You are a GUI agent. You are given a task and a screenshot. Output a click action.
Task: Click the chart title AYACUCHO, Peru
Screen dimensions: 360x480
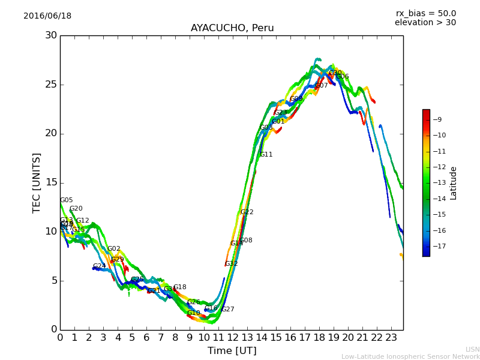pos(232,28)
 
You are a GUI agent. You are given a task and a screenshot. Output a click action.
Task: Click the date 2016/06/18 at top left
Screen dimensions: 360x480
pos(47,16)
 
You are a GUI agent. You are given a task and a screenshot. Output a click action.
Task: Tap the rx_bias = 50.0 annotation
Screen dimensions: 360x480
pos(425,14)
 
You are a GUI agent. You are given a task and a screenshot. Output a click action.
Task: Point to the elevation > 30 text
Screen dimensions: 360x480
pos(425,23)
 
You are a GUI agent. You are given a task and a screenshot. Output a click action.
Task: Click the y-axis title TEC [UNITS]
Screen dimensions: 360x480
pos(37,182)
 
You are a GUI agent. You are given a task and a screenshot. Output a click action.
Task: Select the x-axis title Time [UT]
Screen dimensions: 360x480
pos(232,351)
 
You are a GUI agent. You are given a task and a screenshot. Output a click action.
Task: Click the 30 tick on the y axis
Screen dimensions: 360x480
pos(51,35)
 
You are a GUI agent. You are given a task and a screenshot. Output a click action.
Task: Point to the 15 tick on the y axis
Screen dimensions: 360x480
pos(51,182)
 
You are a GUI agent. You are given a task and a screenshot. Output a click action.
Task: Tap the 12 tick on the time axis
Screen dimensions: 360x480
pos(233,338)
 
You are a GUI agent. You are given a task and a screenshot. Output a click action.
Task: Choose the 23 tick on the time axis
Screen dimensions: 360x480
pos(391,338)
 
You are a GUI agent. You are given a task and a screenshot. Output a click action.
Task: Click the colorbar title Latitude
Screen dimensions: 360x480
pos(454,183)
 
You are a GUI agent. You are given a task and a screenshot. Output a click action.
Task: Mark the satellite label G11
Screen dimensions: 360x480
pos(266,155)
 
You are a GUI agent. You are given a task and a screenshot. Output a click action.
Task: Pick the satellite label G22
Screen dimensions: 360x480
pos(247,212)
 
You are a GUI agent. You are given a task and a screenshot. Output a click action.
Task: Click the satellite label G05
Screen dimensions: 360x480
pos(66,200)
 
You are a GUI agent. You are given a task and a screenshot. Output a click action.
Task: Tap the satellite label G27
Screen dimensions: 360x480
pos(228,310)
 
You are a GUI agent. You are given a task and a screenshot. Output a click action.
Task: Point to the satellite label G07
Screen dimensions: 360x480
pos(322,86)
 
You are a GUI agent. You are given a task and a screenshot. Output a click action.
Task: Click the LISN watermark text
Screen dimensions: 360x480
pos(473,349)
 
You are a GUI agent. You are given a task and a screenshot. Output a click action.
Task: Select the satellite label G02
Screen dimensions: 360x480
pos(114,249)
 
